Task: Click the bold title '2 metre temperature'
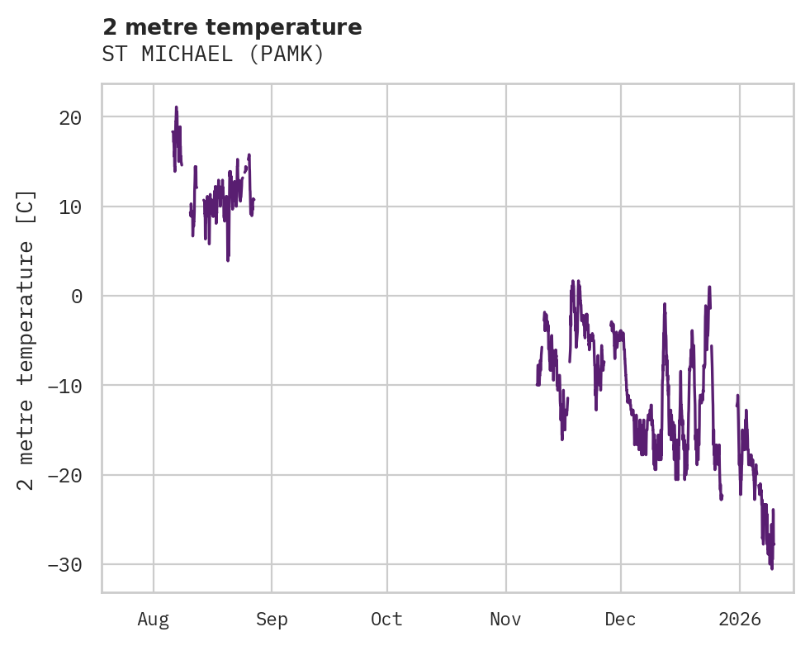232,27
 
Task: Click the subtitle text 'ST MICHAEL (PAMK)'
213,55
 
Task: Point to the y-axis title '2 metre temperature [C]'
26,340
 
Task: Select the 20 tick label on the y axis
70,117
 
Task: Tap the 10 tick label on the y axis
70,207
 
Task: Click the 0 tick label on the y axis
77,296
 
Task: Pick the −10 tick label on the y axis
64,386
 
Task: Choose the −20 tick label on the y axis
64,475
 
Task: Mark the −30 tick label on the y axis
64,564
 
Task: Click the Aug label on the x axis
154,620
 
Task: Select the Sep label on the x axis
271,620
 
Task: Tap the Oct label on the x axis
386,620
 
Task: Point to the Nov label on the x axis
505,620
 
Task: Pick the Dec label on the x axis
620,620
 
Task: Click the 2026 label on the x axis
739,620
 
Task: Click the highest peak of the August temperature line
176,107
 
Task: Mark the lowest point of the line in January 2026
772,569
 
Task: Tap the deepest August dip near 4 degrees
228,260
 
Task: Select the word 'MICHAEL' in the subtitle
185,55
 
